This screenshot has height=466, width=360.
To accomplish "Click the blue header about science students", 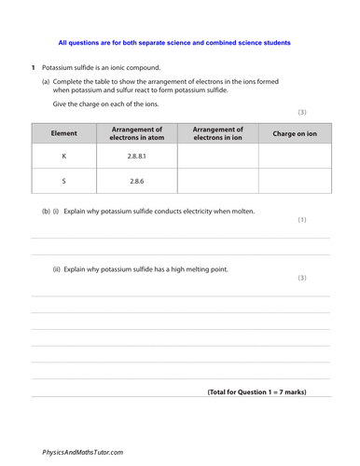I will [x=173, y=43].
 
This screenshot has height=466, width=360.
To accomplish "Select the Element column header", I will [x=63, y=133].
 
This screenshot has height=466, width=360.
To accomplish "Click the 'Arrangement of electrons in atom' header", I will [x=136, y=133].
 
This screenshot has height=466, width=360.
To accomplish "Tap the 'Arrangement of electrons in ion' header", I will [x=217, y=133].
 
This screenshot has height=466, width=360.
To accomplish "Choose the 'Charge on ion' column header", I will [x=294, y=133].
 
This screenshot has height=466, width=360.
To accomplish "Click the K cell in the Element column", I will [x=63, y=158].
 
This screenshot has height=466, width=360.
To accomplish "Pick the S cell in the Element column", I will [x=63, y=182].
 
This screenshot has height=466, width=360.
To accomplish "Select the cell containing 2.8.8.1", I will [x=136, y=158].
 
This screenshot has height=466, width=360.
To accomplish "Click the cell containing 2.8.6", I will [x=136, y=182].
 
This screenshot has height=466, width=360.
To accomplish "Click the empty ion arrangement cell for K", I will [x=217, y=158].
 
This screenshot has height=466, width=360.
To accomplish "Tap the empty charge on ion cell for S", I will [x=294, y=182].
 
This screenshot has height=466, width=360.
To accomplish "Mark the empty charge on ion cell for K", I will [x=294, y=158].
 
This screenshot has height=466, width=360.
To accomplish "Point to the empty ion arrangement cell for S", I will [x=217, y=182].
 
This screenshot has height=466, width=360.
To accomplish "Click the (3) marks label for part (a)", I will [x=301, y=112].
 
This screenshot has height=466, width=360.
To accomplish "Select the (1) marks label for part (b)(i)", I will [x=301, y=220].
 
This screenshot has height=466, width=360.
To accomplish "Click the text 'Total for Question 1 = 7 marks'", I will [x=256, y=391].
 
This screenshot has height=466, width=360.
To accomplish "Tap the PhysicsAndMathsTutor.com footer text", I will [x=82, y=451].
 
